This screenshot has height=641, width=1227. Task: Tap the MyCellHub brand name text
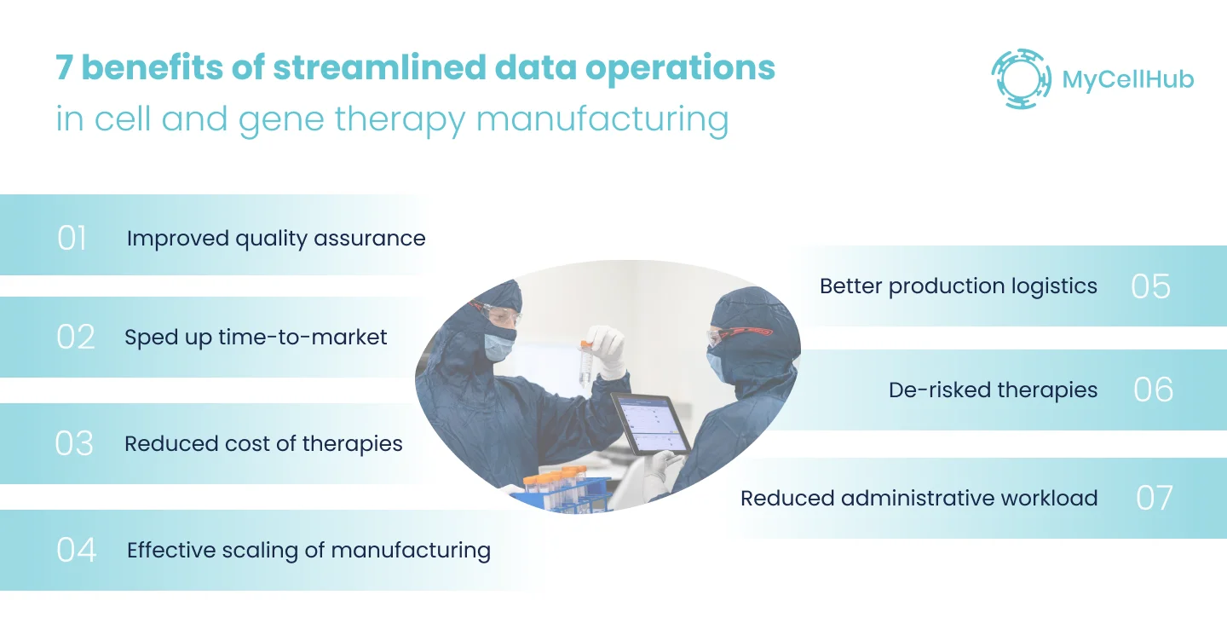coord(1127,80)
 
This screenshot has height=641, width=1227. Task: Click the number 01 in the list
coord(72,239)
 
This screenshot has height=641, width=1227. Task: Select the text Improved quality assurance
coord(275,239)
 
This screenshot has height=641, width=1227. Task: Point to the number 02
coord(75,338)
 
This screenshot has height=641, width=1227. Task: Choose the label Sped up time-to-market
coord(256,338)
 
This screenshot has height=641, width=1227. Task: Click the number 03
coord(74,444)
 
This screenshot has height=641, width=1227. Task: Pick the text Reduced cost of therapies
coord(263,444)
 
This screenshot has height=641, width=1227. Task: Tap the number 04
coord(76,551)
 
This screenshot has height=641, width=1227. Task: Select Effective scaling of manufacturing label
coord(308,551)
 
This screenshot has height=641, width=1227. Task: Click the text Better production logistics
coord(958,286)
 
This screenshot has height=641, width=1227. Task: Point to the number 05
coord(1150,287)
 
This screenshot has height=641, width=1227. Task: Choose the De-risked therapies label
coord(993,390)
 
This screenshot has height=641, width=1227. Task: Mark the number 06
coord(1153,390)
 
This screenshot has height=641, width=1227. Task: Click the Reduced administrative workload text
coord(919,499)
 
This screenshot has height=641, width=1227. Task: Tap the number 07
coord(1155,499)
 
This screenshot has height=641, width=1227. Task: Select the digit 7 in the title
coord(64,68)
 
